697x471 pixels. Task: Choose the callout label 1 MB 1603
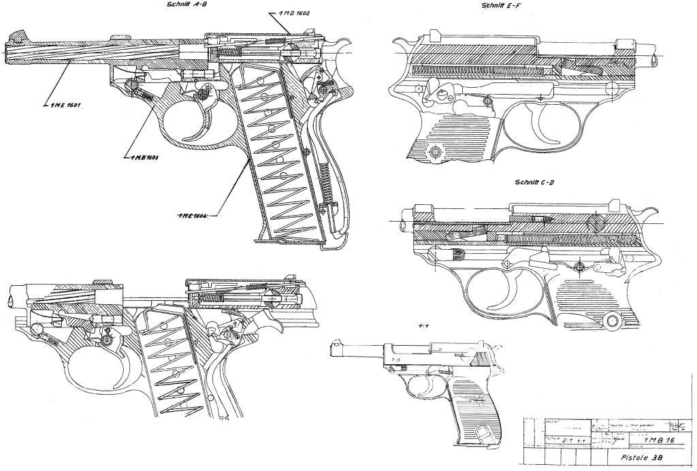[141, 157]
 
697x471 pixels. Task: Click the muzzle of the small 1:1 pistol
[331, 349]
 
